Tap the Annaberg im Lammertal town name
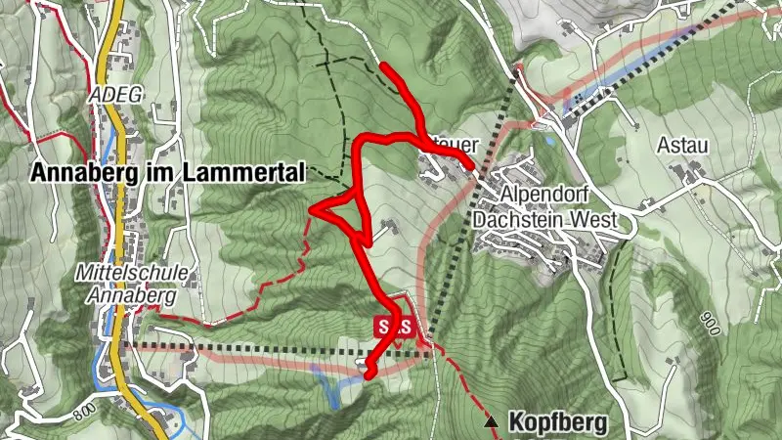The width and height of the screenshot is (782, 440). pos(169,173)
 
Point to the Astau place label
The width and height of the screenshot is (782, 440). pos(683,144)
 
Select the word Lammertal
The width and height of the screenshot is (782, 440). pos(256,173)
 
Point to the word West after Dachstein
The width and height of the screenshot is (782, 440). pos(596,222)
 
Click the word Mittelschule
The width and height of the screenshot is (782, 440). pos(121,273)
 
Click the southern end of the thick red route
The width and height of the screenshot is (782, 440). pos(368,373)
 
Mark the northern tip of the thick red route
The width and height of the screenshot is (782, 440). pos(383,66)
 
